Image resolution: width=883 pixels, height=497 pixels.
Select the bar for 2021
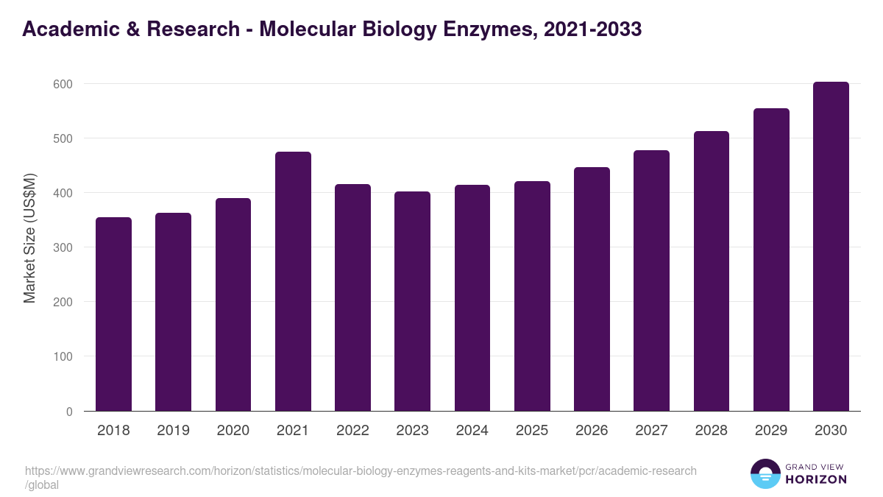coord(293,281)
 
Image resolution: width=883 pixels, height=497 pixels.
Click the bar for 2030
coord(831,247)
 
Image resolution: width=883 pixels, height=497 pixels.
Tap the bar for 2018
coord(113,314)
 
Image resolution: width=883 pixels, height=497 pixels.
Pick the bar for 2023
coord(412,301)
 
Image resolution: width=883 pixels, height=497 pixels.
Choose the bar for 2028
coord(711,271)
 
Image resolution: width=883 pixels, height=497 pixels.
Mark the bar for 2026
coord(592,289)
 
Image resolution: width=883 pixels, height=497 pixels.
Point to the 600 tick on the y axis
coord(64,84)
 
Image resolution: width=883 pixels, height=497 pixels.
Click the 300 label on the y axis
coord(64,247)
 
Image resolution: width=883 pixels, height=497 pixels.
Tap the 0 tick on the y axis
coord(69,412)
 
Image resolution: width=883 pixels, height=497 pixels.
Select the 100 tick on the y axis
coord(64,356)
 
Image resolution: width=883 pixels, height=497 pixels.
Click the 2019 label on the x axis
coord(173,431)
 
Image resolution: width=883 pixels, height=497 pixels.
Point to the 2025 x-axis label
coord(532,431)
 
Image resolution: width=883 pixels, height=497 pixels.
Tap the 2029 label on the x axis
coord(771,431)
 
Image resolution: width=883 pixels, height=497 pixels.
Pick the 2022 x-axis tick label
coord(352,431)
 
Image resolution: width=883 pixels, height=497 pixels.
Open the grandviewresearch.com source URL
coord(361,470)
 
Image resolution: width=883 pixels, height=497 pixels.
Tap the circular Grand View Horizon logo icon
coord(765,473)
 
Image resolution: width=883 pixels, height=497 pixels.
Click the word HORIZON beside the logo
coord(815,479)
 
